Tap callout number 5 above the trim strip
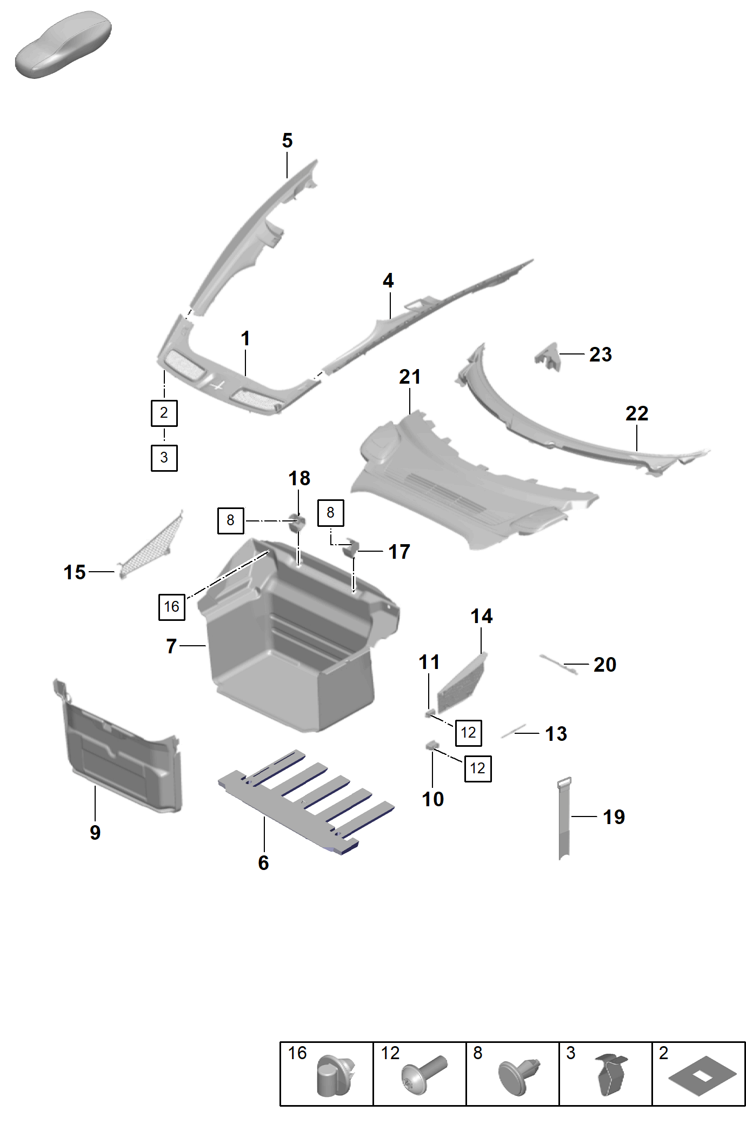click(287, 141)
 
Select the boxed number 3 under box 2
click(164, 458)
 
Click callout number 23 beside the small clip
click(600, 354)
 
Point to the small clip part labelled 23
click(548, 357)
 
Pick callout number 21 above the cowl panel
click(410, 377)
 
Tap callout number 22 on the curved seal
click(636, 414)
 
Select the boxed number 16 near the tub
click(171, 607)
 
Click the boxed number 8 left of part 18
click(230, 520)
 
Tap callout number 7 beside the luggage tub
click(171, 646)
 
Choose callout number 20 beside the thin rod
click(604, 665)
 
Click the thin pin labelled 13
click(513, 731)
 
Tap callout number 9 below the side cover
click(95, 833)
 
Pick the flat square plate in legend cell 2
click(702, 1076)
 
